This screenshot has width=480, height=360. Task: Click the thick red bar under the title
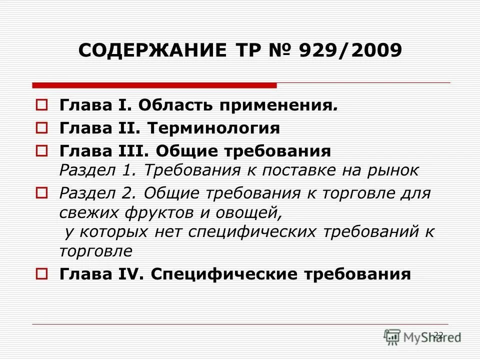[154, 85]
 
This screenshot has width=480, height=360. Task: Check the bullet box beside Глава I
[42, 105]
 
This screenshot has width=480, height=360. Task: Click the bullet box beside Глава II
[42, 128]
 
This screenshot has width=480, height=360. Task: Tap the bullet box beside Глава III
[42, 150]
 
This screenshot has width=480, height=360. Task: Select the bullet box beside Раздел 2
[42, 192]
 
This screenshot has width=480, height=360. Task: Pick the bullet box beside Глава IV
[42, 273]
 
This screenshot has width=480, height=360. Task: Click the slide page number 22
[438, 334]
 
